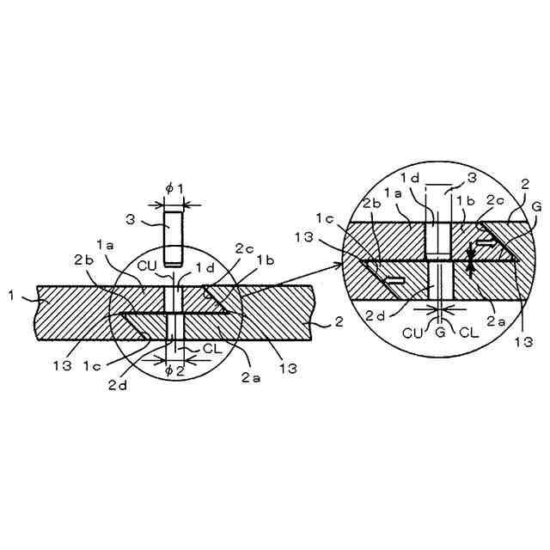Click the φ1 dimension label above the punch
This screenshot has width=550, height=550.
pos(174,189)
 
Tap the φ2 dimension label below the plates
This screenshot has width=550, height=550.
pos(174,371)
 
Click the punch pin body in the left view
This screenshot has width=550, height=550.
pos(174,237)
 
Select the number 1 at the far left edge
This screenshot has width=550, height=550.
pos(11,296)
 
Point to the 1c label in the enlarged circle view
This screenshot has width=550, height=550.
pos(325,218)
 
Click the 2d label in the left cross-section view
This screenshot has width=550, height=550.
pos(117,386)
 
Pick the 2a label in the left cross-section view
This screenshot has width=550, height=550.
pos(251,377)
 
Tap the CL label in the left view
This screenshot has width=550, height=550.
pos(212,348)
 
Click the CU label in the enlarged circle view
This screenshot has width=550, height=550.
pos(412,333)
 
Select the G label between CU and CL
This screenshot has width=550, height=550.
pos(439,332)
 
